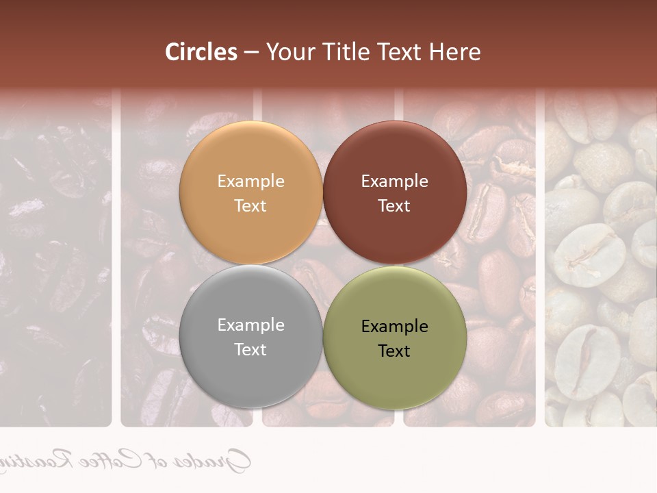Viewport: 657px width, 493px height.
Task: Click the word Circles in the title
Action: [x=201, y=52]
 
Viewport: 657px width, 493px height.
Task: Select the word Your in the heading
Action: [x=289, y=52]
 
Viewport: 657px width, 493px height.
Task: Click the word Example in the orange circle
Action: [x=250, y=181]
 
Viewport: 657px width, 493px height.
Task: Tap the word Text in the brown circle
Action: [x=394, y=206]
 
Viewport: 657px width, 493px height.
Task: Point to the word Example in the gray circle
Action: [x=250, y=325]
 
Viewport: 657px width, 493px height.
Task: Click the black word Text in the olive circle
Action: [x=394, y=351]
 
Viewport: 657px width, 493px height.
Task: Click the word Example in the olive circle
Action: [x=394, y=327]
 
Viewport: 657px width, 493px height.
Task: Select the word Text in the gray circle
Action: [x=250, y=350]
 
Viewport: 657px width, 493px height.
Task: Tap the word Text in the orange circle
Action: [x=250, y=206]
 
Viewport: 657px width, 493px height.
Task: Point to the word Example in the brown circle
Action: [x=394, y=181]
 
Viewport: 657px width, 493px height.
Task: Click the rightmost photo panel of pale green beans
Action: [x=601, y=260]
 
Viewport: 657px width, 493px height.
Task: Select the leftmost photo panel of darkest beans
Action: [x=55, y=260]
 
